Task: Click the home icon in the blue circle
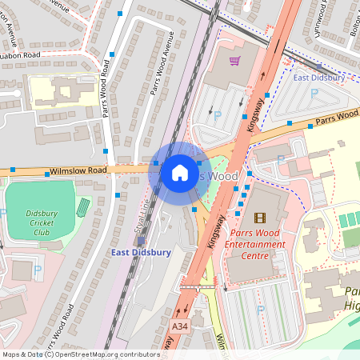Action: tap(180, 172)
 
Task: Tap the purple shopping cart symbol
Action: tap(234, 61)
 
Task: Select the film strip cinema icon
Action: tap(258, 217)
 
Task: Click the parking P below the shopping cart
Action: tap(218, 116)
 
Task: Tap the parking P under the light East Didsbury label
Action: tap(313, 94)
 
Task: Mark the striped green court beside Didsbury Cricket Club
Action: tap(82, 207)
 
